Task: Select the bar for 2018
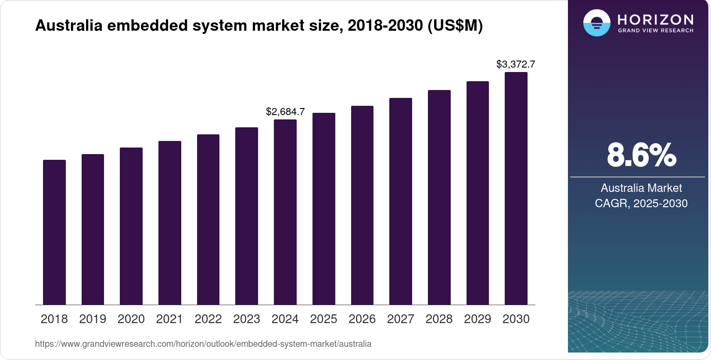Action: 54,232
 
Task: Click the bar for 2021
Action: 170,223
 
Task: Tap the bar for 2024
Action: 285,212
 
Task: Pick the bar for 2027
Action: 401,202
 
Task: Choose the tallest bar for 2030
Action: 516,188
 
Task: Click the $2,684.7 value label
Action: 285,112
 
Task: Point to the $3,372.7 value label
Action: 516,64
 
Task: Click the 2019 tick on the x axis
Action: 93,319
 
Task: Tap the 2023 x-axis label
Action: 247,319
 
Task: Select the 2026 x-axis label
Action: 362,319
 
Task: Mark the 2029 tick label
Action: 478,319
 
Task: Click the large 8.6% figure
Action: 641,155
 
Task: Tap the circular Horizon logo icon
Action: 596,23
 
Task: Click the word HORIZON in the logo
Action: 655,19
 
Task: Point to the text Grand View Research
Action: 655,31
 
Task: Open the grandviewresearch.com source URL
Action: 203,344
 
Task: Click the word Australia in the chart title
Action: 68,25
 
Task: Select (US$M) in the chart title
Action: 455,25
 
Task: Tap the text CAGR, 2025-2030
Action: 641,203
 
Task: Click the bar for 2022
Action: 208,220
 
